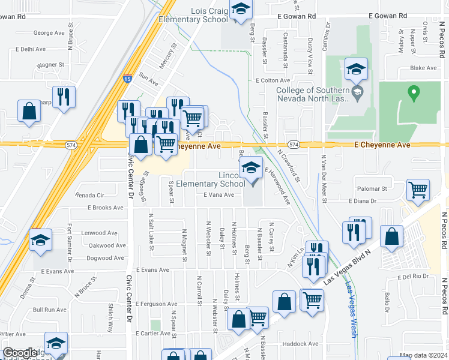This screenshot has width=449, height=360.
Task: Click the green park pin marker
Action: tap(413, 93)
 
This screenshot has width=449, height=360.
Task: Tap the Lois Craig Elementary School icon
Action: tap(241, 10)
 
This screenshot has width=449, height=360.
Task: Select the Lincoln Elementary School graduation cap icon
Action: tap(252, 169)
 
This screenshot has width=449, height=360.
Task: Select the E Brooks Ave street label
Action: tap(105, 208)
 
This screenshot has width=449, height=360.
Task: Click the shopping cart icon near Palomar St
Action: tap(418, 190)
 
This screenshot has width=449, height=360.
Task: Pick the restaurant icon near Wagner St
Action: tap(64, 97)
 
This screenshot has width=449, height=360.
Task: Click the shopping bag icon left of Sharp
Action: tap(29, 111)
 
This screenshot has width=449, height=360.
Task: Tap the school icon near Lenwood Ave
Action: tap(40, 240)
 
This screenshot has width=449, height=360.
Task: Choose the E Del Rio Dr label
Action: tap(414, 277)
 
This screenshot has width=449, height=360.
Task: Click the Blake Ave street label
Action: tap(423, 68)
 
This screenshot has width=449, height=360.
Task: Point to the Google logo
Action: tap(20, 353)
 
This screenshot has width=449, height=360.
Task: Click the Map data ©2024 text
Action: tap(424, 356)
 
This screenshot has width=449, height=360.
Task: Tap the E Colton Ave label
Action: tap(271, 80)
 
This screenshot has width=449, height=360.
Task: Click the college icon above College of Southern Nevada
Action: tap(356, 69)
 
